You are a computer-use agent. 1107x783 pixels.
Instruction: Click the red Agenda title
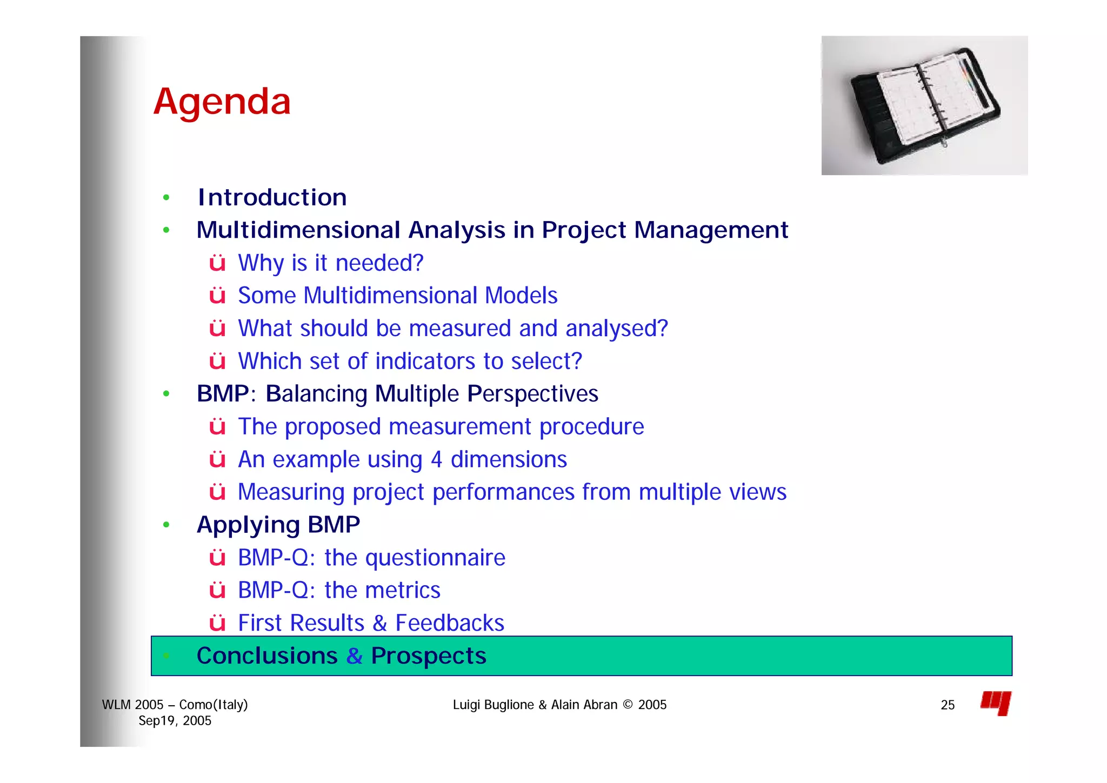[x=222, y=102]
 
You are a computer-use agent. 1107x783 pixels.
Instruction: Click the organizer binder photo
[x=924, y=105]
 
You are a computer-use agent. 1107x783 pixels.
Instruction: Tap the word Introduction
[x=272, y=197]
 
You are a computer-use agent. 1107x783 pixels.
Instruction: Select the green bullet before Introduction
[x=166, y=198]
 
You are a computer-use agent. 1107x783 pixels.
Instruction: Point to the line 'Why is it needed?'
[x=330, y=263]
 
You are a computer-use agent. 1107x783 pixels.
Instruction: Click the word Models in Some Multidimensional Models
[x=521, y=296]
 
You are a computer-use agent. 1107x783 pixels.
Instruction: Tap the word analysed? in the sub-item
[x=616, y=329]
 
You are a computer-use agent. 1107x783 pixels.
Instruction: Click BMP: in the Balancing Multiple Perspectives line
[x=226, y=394]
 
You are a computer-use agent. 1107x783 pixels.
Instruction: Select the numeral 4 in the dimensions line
[x=436, y=460]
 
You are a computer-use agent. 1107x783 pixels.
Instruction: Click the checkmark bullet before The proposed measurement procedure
[x=217, y=427]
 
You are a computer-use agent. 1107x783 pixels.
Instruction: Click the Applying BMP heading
[x=278, y=525]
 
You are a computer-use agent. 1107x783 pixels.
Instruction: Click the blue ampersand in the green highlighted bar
[x=355, y=656]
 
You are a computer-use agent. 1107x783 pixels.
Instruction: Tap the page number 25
[x=947, y=705]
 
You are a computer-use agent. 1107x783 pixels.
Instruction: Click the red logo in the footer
[x=996, y=703]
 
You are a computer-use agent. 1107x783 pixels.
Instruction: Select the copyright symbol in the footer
[x=628, y=705]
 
